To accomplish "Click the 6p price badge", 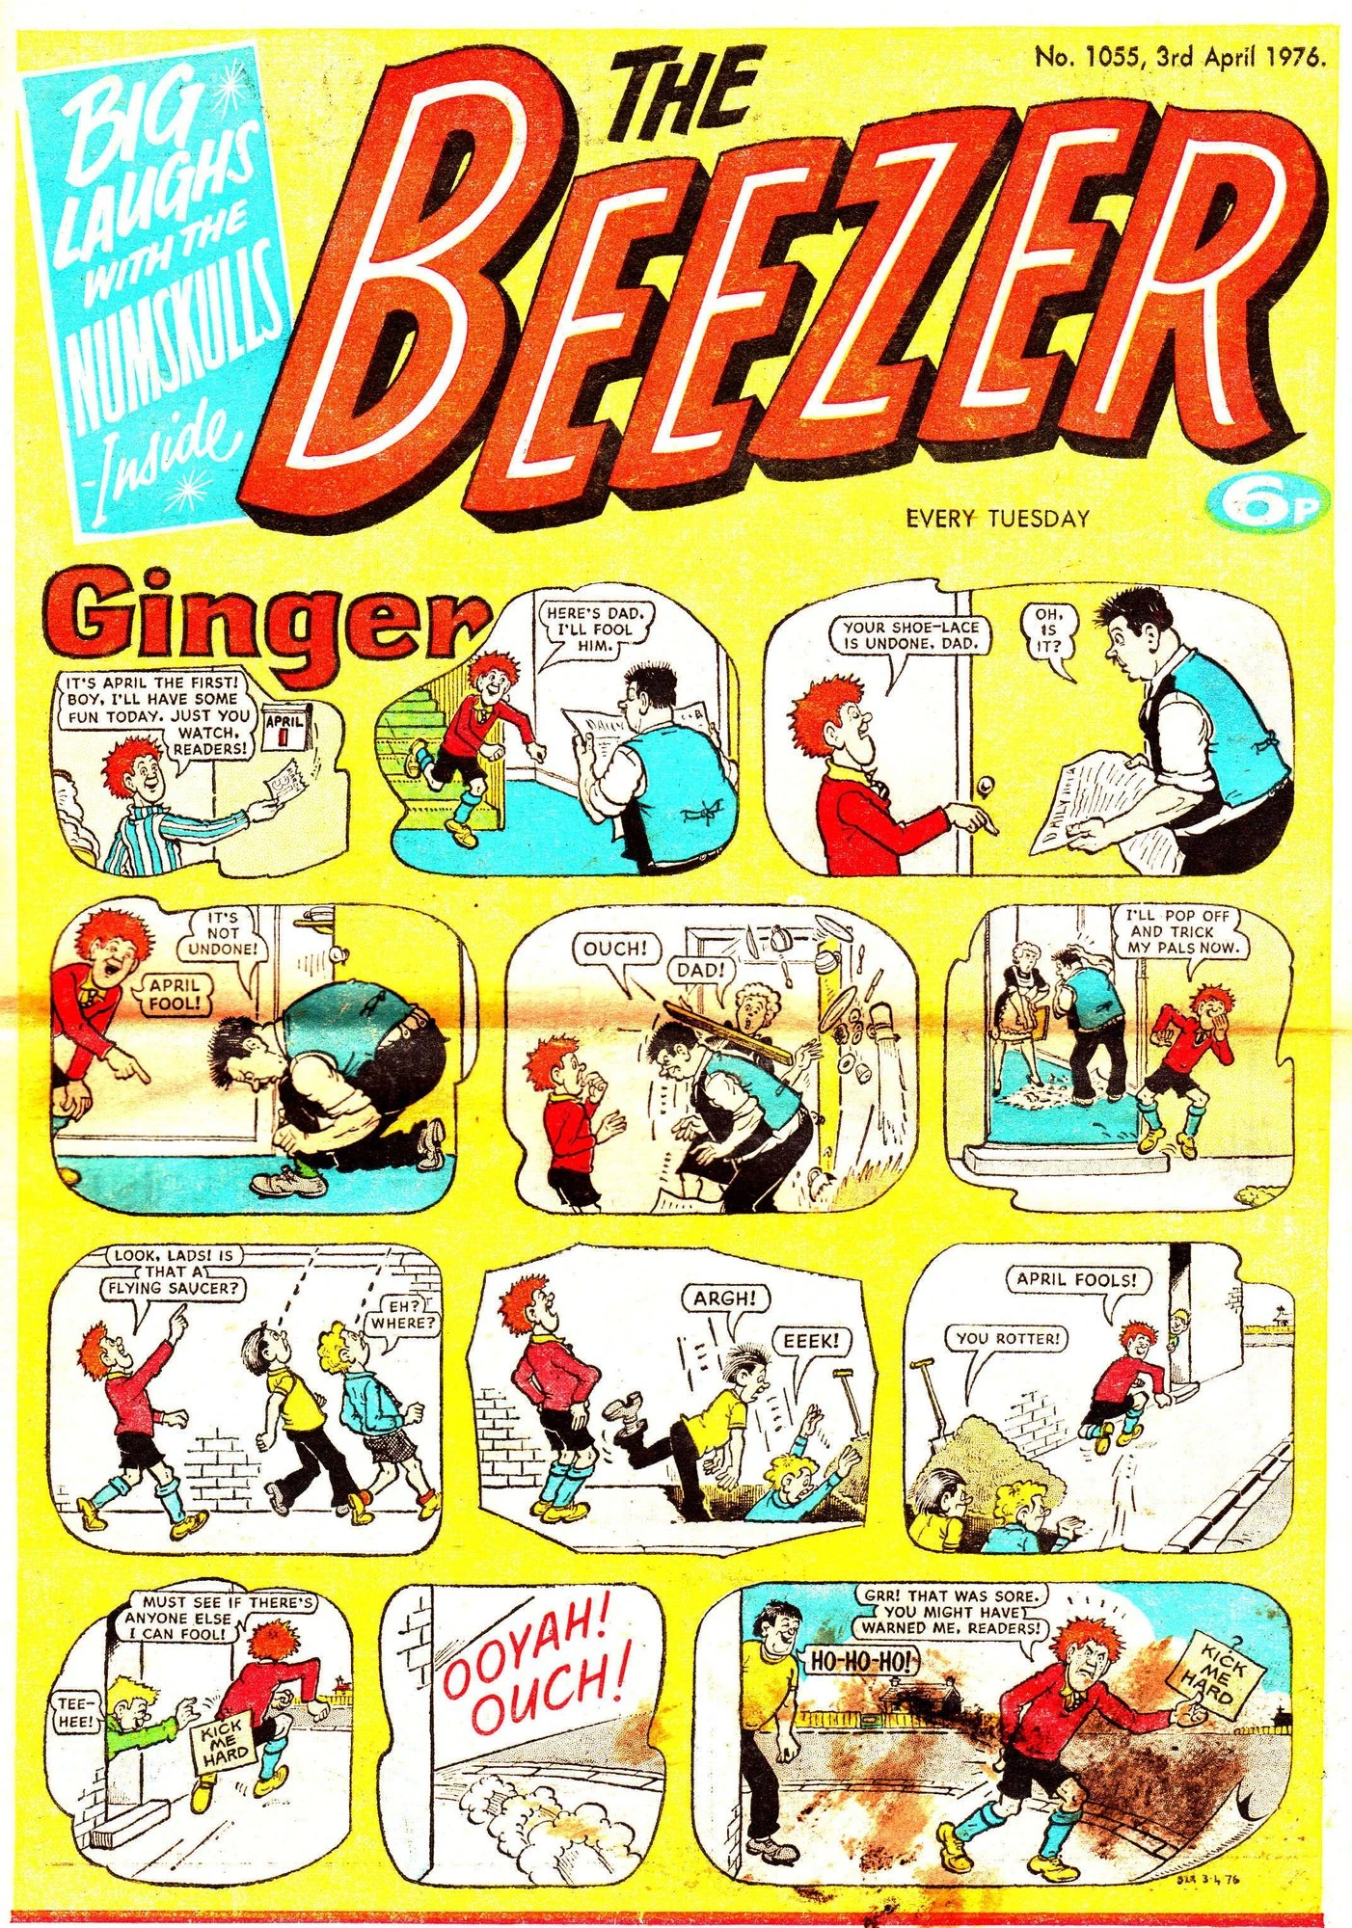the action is pos(1267,503).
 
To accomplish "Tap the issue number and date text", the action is pos(1180,56).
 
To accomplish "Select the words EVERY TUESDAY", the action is pos(997,519).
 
